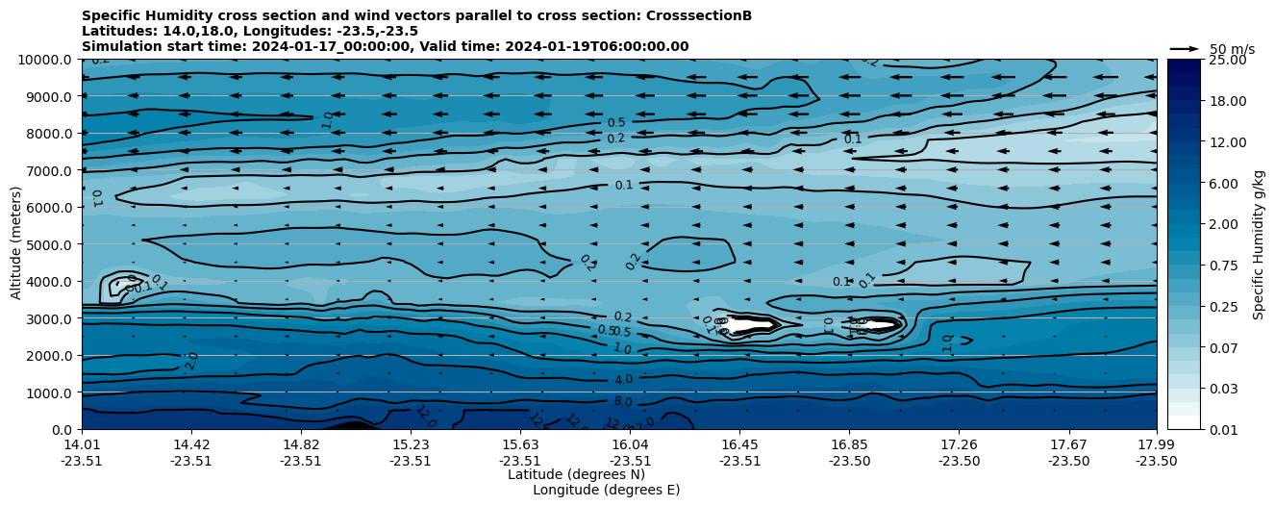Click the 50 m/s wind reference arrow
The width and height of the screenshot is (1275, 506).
tap(1185, 48)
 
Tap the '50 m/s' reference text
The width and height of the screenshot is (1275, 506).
tap(1232, 49)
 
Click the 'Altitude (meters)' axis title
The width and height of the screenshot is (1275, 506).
tap(16, 244)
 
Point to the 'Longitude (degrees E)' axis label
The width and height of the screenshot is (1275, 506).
tap(606, 490)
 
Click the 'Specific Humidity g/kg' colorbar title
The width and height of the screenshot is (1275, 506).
tap(1259, 244)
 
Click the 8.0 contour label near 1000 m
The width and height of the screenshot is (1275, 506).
tap(623, 401)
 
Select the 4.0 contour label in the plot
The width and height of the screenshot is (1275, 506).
tap(623, 380)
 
